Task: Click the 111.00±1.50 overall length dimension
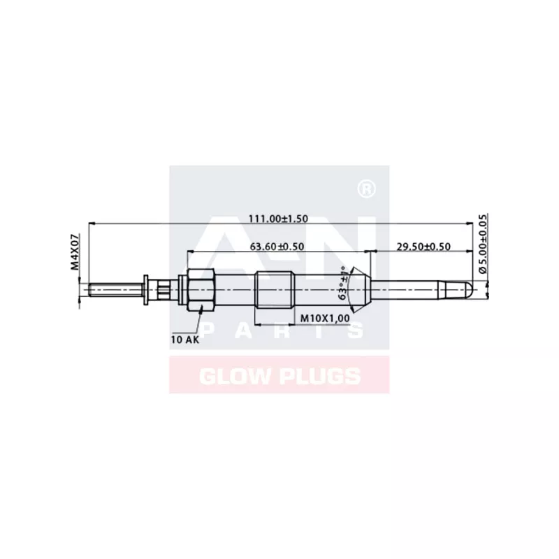[279, 219]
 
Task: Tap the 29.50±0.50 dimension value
[423, 246]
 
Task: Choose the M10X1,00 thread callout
[325, 319]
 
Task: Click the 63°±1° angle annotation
[343, 284]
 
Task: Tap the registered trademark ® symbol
[364, 189]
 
